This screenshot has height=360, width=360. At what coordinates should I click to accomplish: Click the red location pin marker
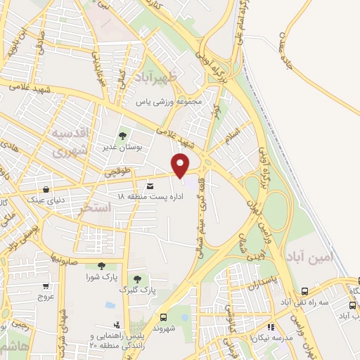(181, 165)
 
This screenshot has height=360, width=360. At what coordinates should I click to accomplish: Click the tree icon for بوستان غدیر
(122, 136)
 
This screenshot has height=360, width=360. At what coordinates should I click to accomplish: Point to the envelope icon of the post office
(150, 185)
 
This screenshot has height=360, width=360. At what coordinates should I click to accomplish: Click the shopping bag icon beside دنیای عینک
(46, 189)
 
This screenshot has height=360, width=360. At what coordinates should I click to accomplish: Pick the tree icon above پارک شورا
(102, 266)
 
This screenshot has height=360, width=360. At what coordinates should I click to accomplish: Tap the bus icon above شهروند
(163, 317)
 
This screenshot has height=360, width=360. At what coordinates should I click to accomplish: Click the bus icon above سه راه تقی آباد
(304, 291)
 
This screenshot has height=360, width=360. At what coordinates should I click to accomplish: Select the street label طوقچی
(118, 171)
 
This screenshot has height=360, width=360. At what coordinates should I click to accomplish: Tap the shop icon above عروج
(46, 286)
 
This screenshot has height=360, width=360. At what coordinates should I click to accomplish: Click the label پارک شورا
(101, 276)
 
